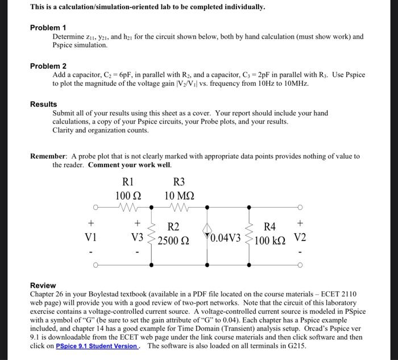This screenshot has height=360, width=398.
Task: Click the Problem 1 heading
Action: (48, 27)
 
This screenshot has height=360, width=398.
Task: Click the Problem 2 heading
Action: (48, 66)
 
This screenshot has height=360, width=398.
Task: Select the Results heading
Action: (43, 104)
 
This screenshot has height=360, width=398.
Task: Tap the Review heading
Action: (43, 285)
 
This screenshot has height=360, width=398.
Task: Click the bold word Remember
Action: (48, 156)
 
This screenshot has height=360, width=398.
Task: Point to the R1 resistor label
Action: (128, 183)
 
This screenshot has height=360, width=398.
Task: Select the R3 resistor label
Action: (179, 183)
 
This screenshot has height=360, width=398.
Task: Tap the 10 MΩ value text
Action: (179, 196)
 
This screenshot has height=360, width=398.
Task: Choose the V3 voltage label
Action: (137, 237)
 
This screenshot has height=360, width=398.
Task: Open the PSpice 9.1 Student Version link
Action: (97, 346)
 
